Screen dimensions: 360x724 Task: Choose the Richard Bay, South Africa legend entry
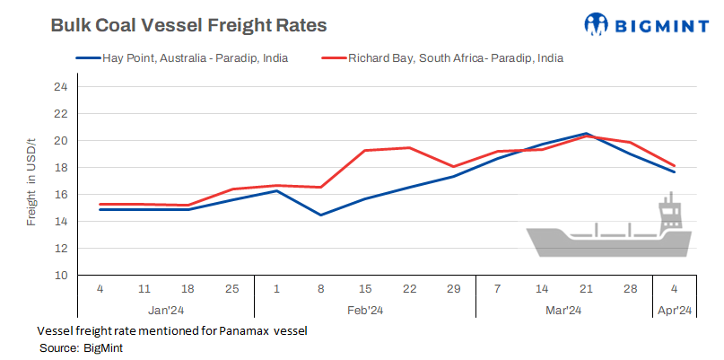453,57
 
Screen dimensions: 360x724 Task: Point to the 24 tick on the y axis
61,87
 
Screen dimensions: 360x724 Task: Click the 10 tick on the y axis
61,275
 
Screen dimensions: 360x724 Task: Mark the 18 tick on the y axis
61,168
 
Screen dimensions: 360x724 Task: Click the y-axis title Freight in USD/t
31,181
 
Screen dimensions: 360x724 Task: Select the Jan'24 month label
165,311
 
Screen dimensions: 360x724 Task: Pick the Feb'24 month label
364,311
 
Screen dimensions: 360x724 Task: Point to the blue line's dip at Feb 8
320,215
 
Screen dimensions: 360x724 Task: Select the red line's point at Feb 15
364,151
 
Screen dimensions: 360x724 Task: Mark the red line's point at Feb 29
453,167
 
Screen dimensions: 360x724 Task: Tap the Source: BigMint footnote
81,347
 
